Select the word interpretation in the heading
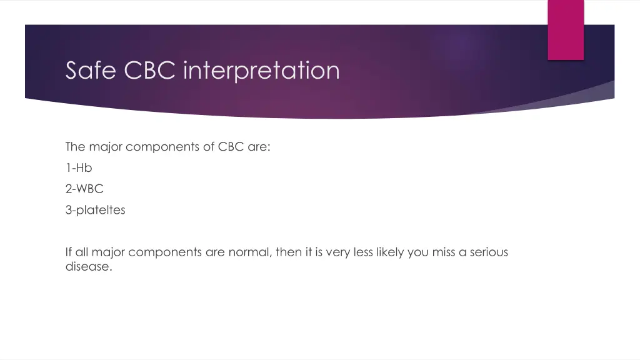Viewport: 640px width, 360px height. (262, 70)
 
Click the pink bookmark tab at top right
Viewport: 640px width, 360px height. (566, 30)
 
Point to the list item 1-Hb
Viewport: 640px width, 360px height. (79, 167)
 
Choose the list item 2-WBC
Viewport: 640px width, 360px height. (84, 189)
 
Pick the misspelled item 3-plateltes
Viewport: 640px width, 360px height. (95, 210)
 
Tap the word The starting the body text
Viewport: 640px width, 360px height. (75, 147)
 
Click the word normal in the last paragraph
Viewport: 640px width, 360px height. (245, 252)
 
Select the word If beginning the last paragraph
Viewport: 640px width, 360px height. (69, 252)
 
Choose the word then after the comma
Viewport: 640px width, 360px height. (288, 252)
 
